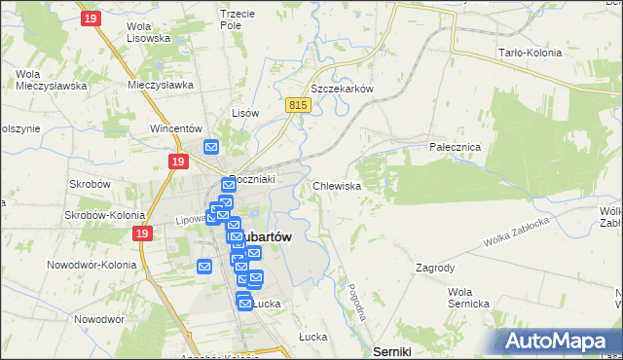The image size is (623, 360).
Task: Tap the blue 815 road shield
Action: coord(299,105)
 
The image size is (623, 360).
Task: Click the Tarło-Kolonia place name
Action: coord(531,53)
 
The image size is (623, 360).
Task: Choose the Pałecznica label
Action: coord(456,146)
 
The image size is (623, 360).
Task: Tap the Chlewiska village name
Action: coord(338,185)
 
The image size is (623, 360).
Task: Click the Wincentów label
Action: coord(175,127)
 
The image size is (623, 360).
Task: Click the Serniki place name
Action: coord(392,350)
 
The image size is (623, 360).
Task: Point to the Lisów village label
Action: coord(244,113)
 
